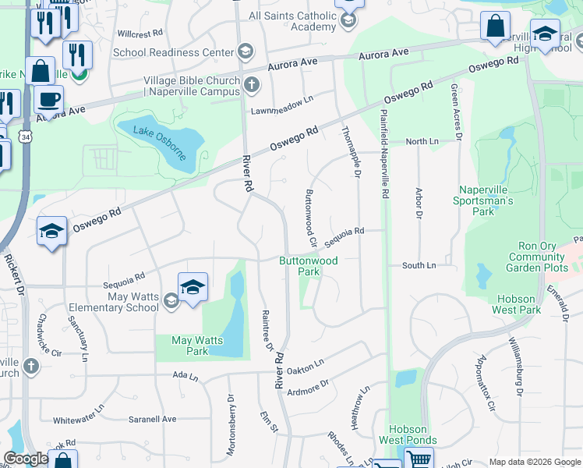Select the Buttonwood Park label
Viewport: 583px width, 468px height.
tap(309, 267)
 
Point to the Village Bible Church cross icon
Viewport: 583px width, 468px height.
tap(251, 84)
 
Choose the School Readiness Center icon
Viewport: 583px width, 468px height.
tap(246, 53)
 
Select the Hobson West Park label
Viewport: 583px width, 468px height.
tap(517, 304)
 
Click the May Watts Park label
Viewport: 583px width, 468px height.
tap(190, 346)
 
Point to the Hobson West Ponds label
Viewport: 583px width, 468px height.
tap(408, 434)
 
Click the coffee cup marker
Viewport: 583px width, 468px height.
tap(48, 101)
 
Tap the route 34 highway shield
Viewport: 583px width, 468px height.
tap(26, 137)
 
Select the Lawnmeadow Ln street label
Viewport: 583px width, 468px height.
tap(281, 110)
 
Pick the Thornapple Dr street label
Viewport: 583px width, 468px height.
tap(349, 153)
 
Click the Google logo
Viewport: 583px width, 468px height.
tap(26, 459)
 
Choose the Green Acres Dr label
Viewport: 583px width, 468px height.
tap(457, 113)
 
